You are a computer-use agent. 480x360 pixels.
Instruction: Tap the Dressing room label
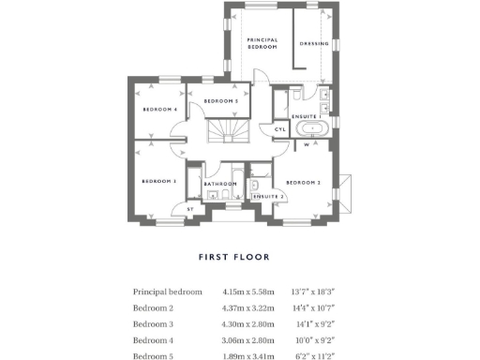(x=314, y=44)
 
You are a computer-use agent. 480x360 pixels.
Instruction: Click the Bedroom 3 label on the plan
(x=159, y=181)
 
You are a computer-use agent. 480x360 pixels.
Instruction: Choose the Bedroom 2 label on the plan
(x=304, y=182)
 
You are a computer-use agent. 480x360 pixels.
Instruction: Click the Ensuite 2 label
(x=269, y=196)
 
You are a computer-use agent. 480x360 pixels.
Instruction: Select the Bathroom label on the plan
(x=218, y=184)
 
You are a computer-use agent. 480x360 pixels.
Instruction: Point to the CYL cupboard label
(x=279, y=129)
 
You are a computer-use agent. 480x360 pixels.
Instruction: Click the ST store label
(x=190, y=209)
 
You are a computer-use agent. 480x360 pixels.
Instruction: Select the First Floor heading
(x=234, y=257)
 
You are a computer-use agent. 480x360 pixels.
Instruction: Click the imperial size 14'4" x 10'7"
(x=316, y=307)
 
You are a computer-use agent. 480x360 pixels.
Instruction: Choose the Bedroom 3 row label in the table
(x=155, y=323)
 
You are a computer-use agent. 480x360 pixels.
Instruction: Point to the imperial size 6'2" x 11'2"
(x=316, y=354)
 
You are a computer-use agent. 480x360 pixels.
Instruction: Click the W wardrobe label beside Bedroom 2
(x=307, y=144)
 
